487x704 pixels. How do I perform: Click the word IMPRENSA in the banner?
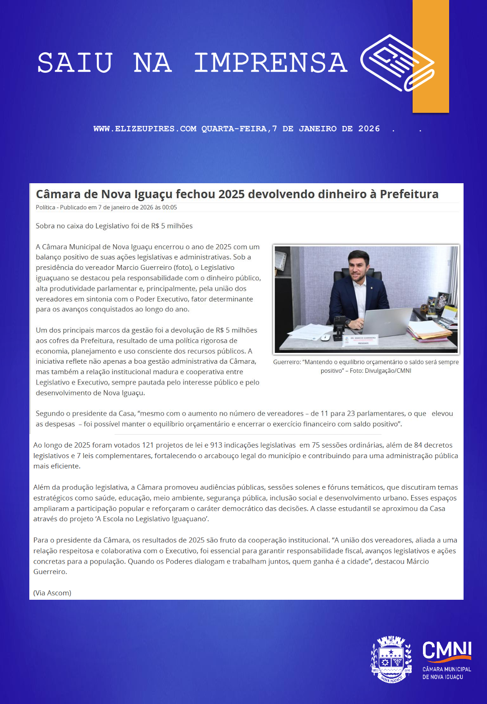point(271,63)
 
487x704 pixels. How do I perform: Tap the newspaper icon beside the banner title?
point(397,63)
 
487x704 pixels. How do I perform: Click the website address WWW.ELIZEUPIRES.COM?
point(145,129)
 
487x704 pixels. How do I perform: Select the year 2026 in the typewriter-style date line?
point(369,129)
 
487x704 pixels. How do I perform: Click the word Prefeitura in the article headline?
point(409,194)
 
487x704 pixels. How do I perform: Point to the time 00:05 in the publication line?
point(170,208)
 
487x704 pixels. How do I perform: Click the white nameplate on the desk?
point(363,341)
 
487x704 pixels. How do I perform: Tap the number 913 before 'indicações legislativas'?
point(216,445)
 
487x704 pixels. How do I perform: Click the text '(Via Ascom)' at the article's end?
point(52,593)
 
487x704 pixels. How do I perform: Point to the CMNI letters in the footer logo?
point(447,651)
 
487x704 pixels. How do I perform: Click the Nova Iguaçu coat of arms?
point(391,659)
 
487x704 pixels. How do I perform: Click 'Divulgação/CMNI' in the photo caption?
point(388,371)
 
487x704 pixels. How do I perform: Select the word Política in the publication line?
point(45,208)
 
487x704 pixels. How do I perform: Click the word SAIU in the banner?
point(75,63)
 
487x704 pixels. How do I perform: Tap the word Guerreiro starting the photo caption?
point(286,362)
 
